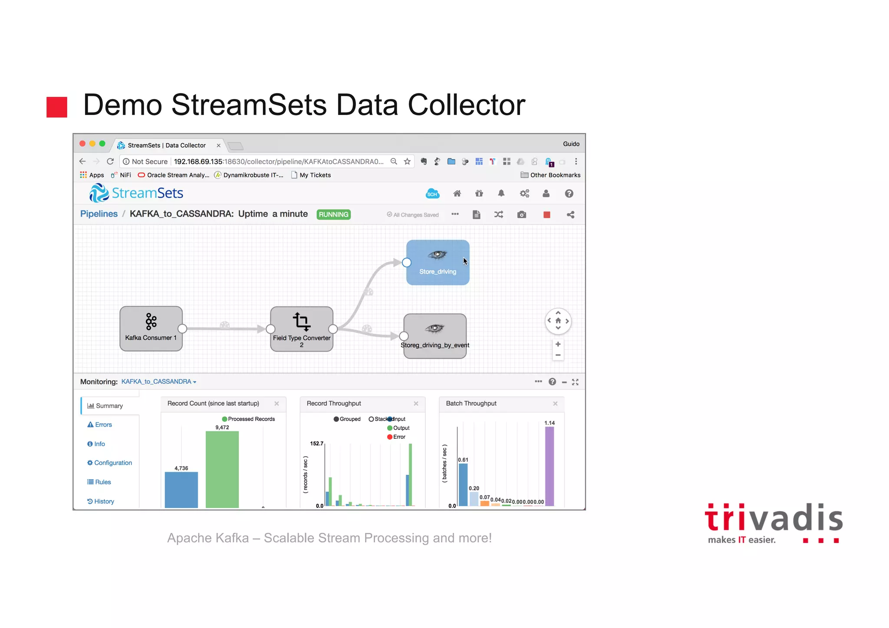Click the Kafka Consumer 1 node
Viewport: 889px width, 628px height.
point(151,329)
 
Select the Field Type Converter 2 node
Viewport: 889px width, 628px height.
point(302,329)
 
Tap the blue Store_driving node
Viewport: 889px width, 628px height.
point(438,263)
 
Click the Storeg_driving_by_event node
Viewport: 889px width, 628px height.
point(435,336)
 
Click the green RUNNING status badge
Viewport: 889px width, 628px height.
point(333,214)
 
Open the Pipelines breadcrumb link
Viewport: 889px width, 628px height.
point(99,214)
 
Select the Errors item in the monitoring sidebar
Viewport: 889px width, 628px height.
point(103,425)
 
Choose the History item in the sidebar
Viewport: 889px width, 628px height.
point(104,501)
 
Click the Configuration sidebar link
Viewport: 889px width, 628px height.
point(113,463)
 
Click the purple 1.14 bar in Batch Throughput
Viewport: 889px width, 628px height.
point(550,466)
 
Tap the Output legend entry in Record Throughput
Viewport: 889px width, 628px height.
point(401,428)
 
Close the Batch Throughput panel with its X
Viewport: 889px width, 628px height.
point(555,404)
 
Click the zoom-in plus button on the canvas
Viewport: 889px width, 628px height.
point(558,344)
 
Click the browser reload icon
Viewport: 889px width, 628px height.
point(110,161)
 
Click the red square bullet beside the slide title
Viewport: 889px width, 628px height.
point(57,107)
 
